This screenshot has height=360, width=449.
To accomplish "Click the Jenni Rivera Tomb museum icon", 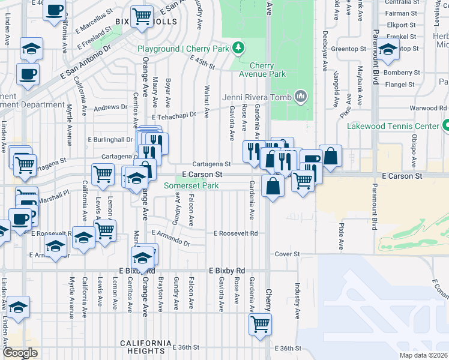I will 301,97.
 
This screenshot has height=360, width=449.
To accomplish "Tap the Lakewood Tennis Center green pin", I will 446,126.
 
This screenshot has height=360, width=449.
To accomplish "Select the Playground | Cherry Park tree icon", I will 238,47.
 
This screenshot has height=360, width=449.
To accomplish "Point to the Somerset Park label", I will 191,186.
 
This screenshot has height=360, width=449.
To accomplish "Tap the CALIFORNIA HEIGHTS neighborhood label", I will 142,343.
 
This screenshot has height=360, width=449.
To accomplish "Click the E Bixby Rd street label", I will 228,271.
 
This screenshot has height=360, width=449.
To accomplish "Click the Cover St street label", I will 287,254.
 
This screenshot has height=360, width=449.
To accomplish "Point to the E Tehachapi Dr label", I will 174,118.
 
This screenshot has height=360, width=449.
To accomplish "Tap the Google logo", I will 19,353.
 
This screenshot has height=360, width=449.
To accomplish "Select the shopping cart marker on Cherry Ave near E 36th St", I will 260,324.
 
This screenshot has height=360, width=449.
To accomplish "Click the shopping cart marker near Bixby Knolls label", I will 142,16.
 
